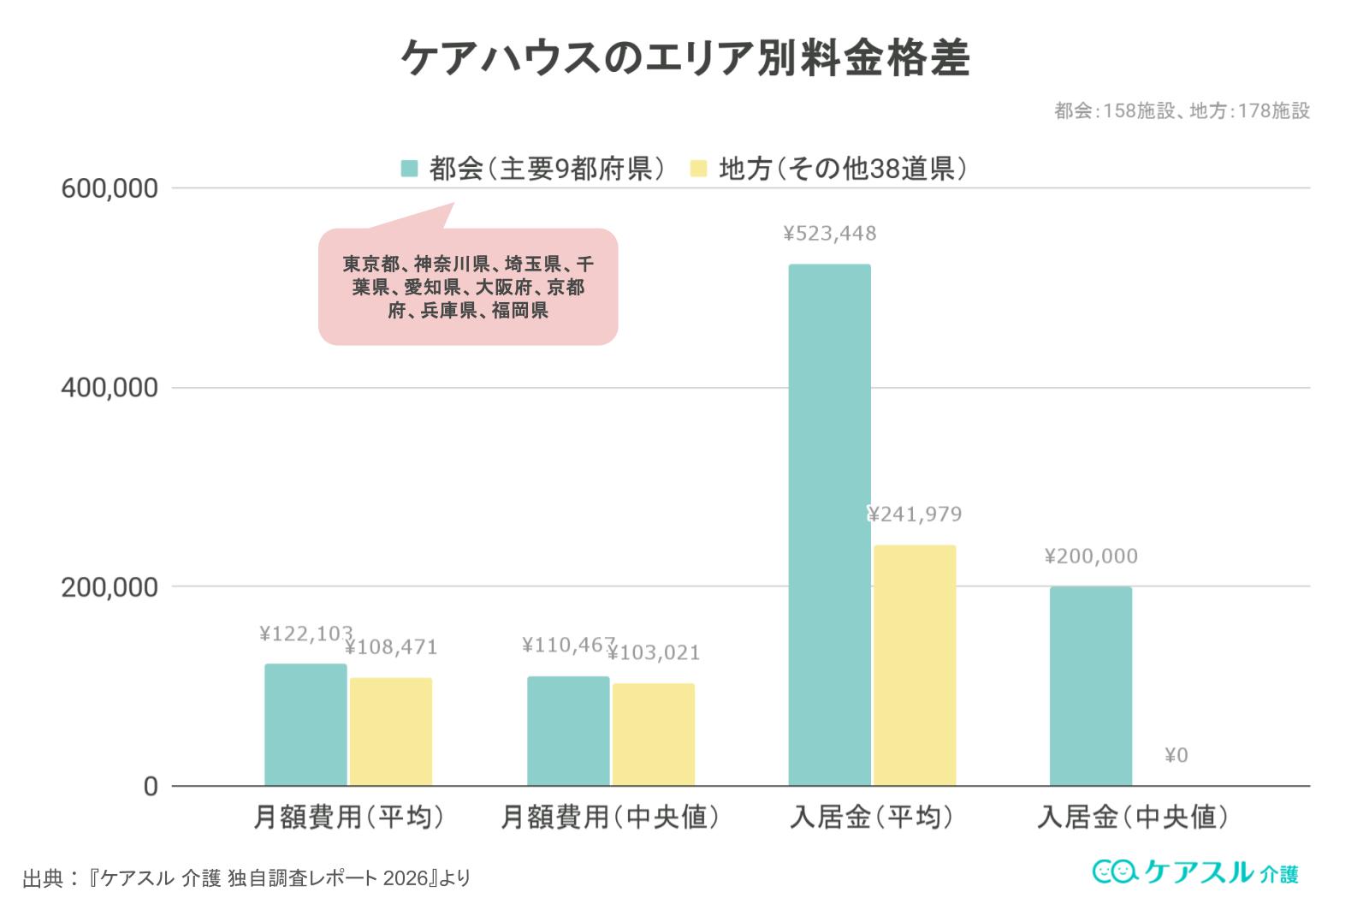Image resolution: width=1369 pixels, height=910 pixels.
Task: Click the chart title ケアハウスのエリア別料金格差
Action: [x=684, y=58]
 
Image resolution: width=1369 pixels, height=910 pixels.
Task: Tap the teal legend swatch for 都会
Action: [x=410, y=169]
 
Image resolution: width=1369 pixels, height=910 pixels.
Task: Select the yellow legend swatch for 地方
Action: [x=699, y=169]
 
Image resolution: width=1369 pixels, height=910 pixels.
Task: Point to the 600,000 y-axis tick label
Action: [x=110, y=188]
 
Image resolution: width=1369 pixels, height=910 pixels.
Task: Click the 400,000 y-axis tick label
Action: [x=110, y=388]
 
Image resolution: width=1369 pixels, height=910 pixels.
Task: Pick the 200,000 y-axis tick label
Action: [x=110, y=587]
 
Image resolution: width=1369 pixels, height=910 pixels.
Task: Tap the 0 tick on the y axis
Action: [x=151, y=786]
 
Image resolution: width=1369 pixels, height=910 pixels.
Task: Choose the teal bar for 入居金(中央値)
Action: [x=1090, y=686]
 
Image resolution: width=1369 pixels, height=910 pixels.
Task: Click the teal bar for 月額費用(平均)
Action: [x=305, y=724]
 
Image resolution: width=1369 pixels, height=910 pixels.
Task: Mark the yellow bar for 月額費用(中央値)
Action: [x=653, y=735]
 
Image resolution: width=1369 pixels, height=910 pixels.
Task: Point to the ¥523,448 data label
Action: [x=829, y=234]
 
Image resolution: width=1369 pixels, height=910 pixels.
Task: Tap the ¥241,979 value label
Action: [x=915, y=514]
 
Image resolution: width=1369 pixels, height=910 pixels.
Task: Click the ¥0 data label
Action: [x=1176, y=755]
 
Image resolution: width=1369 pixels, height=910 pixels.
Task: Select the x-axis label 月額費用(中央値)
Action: [x=610, y=818]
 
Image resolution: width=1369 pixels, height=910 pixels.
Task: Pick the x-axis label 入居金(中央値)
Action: [x=1133, y=818]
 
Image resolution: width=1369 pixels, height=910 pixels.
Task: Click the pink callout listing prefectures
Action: [x=468, y=287]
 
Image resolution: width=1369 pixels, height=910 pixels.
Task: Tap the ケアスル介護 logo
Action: [x=1195, y=872]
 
